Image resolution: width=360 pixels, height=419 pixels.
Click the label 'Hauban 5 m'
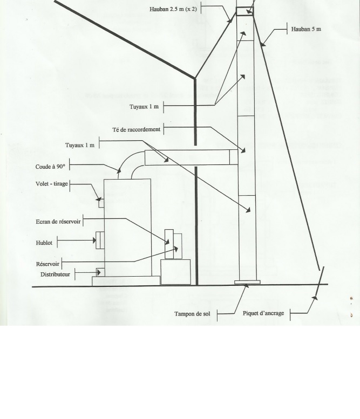click(305, 29)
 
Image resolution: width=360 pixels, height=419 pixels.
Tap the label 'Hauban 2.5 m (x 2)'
click(173, 9)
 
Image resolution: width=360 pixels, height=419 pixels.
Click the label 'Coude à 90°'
click(50, 167)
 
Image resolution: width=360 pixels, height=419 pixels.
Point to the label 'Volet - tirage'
click(48, 184)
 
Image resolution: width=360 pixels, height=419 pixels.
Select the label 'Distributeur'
click(56, 274)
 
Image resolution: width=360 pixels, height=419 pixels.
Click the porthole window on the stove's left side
click(100, 240)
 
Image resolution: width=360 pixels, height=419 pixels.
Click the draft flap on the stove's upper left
click(100, 203)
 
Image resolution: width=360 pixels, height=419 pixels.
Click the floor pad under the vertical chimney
click(247, 282)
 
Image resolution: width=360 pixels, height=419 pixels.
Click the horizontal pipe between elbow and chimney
click(186, 157)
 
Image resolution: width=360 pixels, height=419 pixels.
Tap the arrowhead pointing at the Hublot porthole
click(94, 240)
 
